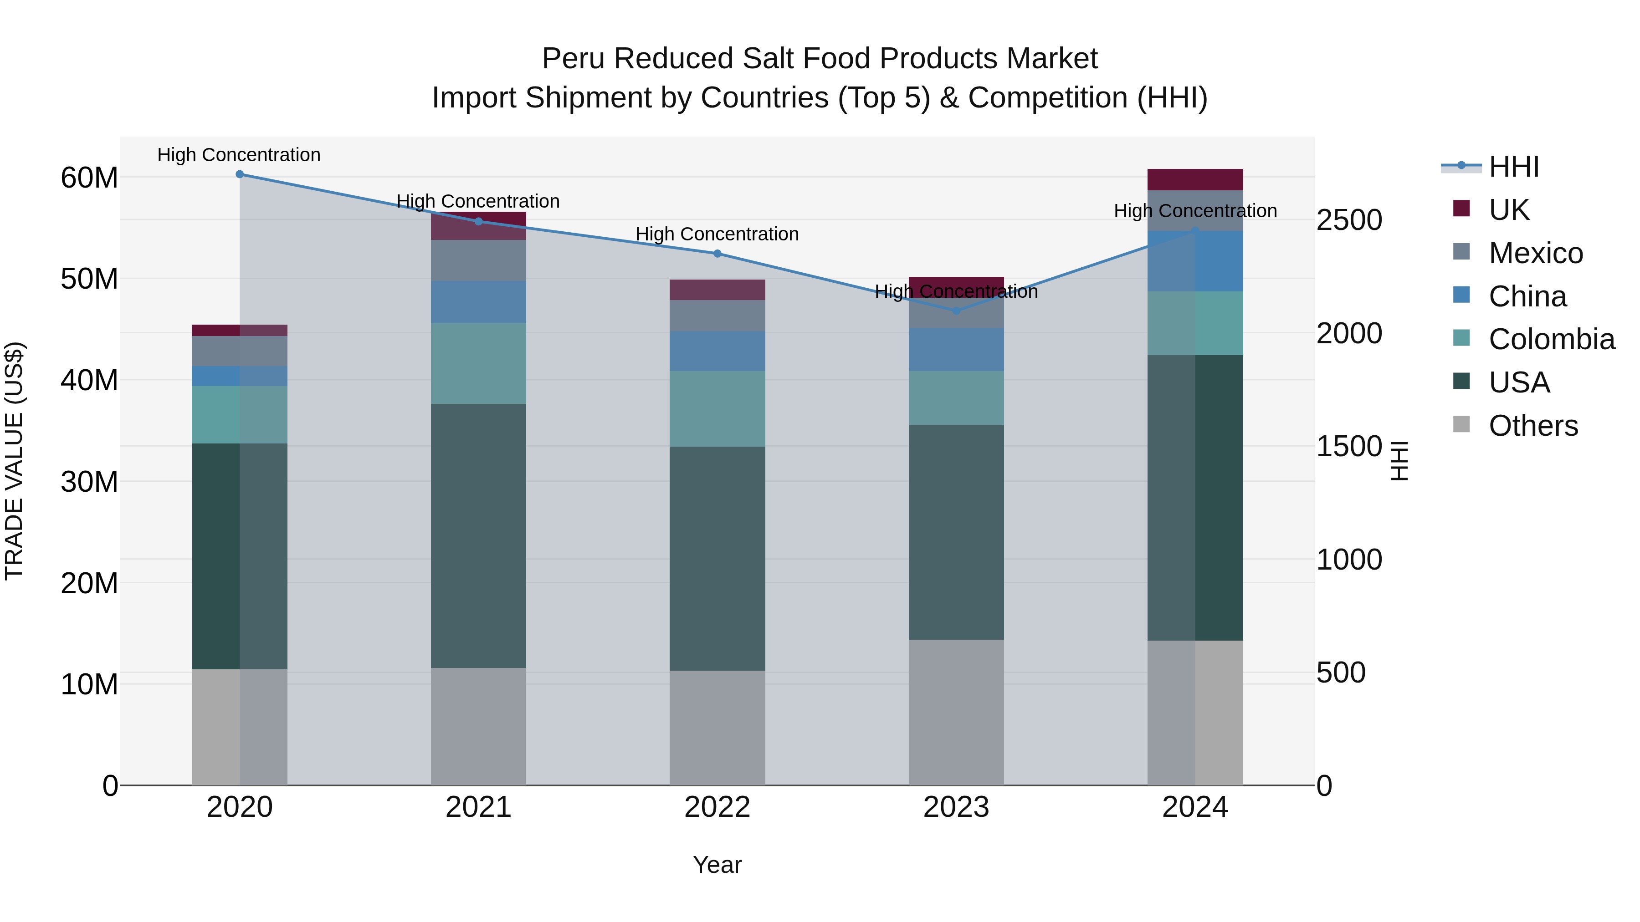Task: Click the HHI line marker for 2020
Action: [239, 174]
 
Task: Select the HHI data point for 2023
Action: [956, 311]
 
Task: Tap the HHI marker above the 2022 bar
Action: [717, 253]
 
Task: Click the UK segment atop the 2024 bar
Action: [1195, 179]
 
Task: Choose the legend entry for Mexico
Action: [1535, 253]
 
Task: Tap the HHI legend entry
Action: [1513, 167]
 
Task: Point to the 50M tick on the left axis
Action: [89, 279]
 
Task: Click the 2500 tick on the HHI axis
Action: [1349, 220]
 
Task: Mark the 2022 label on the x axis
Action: [717, 807]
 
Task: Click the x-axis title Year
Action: [717, 865]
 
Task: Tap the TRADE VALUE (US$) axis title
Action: [14, 461]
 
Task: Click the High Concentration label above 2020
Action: [239, 155]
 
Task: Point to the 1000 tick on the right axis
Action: [1349, 560]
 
